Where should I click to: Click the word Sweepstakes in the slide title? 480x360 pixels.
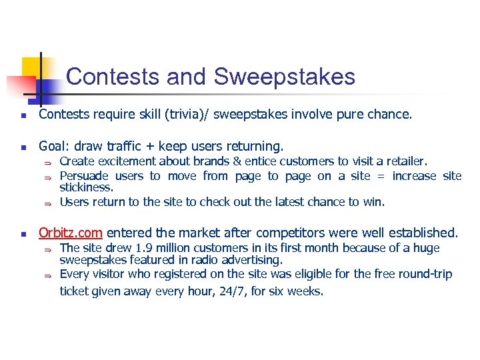285,77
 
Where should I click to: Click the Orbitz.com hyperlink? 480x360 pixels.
70,233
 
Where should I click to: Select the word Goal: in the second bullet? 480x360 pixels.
56,146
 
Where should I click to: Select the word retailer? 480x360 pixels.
407,161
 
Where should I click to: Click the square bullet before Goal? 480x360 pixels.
23,147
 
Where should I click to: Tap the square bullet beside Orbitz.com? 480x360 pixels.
23,234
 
